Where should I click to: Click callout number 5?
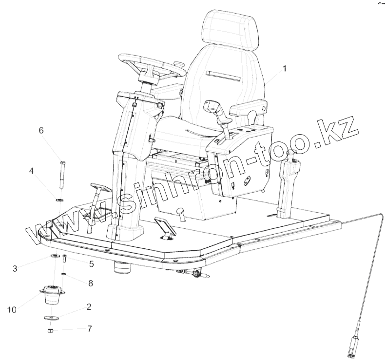[91, 264]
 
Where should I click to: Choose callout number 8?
[90, 282]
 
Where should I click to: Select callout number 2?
[89, 307]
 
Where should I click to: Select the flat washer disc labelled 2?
[52, 318]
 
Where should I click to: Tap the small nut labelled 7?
[50, 331]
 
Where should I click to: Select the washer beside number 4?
[60, 200]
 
